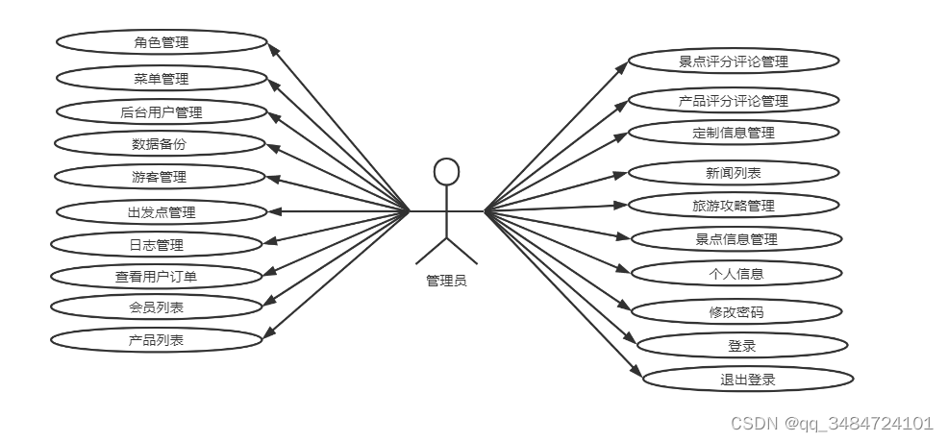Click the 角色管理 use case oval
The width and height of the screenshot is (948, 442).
point(162,42)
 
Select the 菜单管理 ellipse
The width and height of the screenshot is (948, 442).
point(162,78)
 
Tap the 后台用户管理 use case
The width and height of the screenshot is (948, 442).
point(162,112)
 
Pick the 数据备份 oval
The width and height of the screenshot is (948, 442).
point(160,144)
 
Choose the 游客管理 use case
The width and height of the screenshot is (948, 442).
point(160,177)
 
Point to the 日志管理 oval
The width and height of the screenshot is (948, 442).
point(156,244)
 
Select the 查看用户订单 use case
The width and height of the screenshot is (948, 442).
point(156,276)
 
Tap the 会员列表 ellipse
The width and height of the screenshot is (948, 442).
point(156,307)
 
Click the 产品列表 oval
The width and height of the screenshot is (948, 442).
point(156,339)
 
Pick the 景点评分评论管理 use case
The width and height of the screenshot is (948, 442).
point(734,61)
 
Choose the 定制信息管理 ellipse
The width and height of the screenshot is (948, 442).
point(734,133)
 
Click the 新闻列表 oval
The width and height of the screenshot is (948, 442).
point(734,174)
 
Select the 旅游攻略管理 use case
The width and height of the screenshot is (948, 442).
point(734,206)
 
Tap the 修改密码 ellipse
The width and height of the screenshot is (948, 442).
point(736,311)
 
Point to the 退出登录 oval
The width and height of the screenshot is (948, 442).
point(747,379)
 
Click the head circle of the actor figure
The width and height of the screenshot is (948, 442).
point(446,171)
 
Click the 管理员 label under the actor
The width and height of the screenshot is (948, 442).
point(446,281)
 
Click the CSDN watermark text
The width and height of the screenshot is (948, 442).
point(832,423)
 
